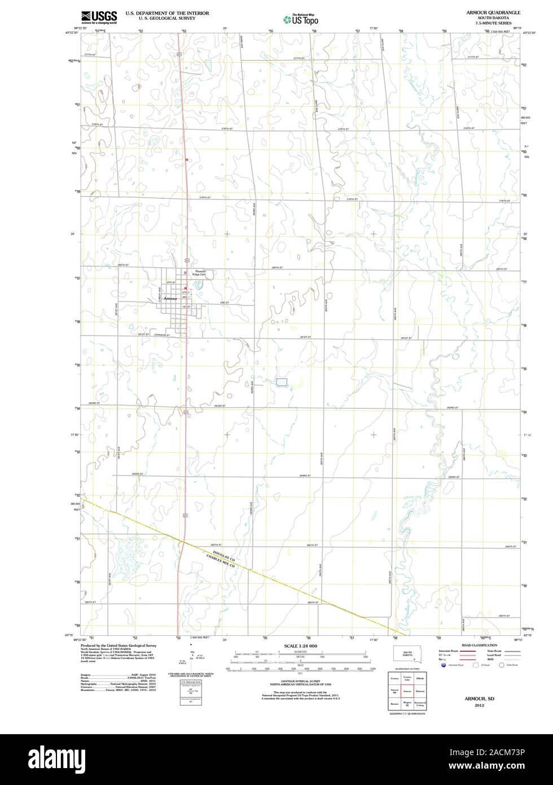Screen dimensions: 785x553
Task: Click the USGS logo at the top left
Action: point(99,17)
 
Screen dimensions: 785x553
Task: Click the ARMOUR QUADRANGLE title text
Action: point(489,12)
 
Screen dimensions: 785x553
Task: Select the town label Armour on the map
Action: point(170,298)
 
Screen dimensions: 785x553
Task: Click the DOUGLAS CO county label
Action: point(223,556)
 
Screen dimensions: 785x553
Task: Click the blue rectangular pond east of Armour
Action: point(282,382)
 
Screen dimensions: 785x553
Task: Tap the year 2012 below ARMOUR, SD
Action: point(479,705)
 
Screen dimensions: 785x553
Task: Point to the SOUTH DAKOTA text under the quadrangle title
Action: point(489,18)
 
